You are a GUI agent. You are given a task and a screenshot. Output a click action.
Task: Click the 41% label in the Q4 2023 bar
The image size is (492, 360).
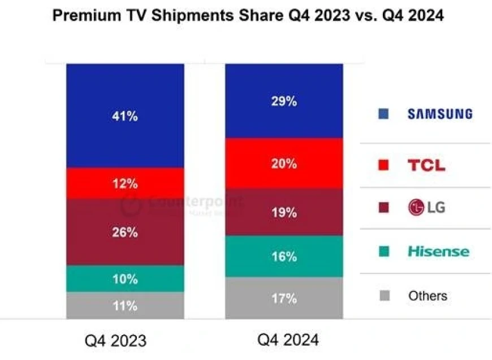pyautogui.click(x=125, y=117)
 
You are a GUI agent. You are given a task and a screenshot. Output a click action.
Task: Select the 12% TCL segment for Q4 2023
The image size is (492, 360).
pyautogui.click(x=125, y=184)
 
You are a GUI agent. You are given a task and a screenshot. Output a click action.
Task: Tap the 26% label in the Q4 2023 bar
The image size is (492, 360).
pyautogui.click(x=125, y=232)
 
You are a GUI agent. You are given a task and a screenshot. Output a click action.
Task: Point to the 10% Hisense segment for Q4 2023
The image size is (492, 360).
pyautogui.click(x=125, y=279)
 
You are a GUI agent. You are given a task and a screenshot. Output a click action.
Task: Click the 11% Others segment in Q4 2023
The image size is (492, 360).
pyautogui.click(x=125, y=306)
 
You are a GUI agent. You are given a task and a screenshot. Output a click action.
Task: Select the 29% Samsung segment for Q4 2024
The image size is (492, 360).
pyautogui.click(x=284, y=102)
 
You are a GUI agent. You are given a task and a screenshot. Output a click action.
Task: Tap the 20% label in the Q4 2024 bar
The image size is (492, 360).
pyautogui.click(x=284, y=164)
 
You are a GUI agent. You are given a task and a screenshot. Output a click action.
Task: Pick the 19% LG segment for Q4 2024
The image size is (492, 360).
pyautogui.click(x=284, y=213)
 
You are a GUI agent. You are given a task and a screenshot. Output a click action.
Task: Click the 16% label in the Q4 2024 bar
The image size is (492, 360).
pyautogui.click(x=284, y=256)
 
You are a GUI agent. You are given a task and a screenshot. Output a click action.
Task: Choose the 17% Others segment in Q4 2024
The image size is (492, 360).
pyautogui.click(x=284, y=298)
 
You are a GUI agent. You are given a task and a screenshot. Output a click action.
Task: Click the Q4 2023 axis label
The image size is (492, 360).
pyautogui.click(x=116, y=341)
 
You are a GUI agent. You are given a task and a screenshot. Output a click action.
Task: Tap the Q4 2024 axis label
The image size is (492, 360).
pyautogui.click(x=288, y=340)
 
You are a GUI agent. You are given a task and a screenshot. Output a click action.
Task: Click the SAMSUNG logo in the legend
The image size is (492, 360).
pyautogui.click(x=440, y=114)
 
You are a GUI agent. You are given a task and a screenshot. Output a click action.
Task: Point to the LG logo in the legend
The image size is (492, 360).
pyautogui.click(x=426, y=208)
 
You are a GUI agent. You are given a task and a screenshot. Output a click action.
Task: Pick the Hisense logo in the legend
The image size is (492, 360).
pyautogui.click(x=439, y=251)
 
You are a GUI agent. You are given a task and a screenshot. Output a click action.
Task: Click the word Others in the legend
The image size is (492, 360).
pyautogui.click(x=428, y=295)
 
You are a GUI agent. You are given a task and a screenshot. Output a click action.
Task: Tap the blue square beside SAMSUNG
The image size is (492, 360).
pyautogui.click(x=383, y=114)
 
